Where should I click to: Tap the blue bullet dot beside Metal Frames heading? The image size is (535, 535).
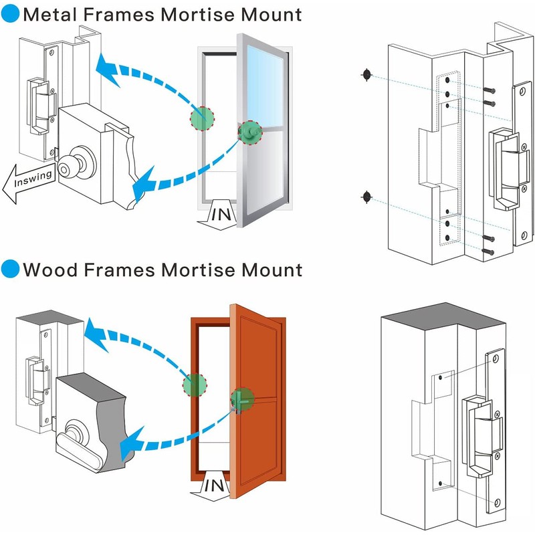coord(10,14)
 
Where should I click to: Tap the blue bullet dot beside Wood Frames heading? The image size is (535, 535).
coord(10,270)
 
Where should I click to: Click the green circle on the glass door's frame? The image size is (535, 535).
coord(203,118)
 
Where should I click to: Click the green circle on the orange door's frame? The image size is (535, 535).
coord(195,385)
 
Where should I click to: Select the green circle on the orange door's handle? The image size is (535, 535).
coord(243,399)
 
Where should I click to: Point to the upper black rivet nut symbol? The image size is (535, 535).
coord(366,75)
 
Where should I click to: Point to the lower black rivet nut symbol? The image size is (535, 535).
coord(366,196)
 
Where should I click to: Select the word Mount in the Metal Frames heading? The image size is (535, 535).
coord(265,14)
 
